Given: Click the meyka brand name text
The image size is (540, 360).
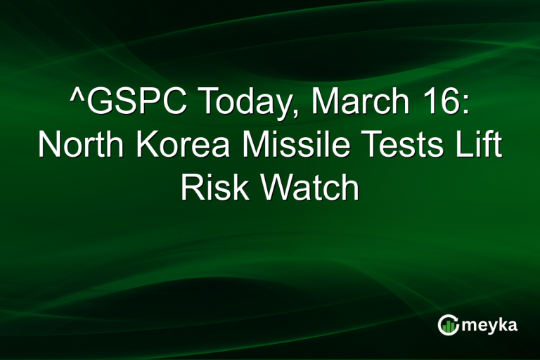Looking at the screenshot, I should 489,326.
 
